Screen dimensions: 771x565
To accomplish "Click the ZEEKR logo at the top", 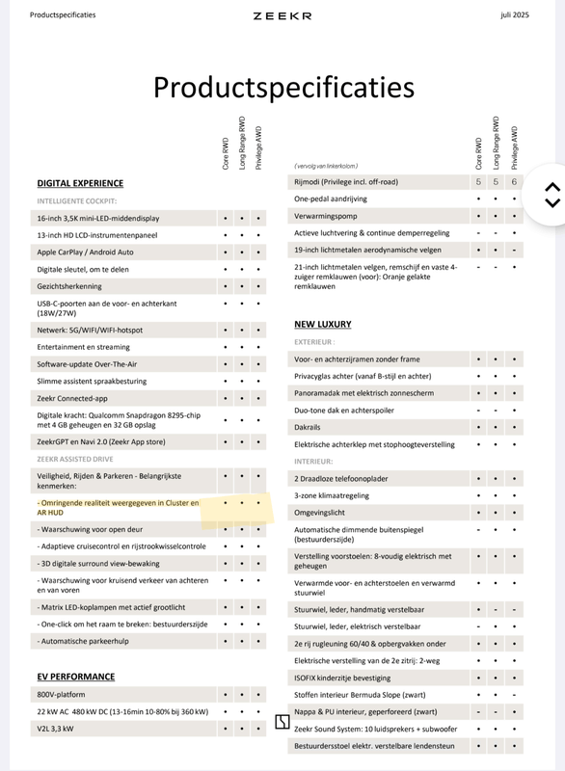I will coord(282,15).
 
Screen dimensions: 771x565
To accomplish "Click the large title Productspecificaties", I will coord(283,88).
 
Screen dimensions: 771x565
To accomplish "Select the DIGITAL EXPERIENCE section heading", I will coord(80,183).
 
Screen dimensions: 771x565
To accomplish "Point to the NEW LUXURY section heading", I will coord(323,325).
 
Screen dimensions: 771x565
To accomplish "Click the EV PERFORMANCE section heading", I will coord(76,677).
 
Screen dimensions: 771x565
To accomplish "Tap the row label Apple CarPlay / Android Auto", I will coord(85,252).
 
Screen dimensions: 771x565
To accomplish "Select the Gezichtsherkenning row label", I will coord(69,286).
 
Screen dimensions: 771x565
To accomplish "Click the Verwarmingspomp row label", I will coord(326,216).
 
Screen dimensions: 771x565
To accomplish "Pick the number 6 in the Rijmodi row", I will coord(514,181).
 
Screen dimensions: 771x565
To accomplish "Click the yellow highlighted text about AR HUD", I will coord(118,508).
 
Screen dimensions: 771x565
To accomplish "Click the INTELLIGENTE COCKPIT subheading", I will coord(77,201).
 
